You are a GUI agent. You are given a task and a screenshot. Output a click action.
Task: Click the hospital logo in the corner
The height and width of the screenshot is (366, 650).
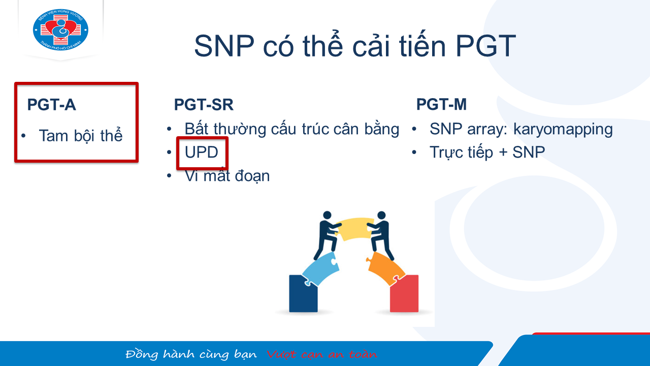60,29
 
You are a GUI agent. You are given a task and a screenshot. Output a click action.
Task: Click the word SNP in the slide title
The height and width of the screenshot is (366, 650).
224,46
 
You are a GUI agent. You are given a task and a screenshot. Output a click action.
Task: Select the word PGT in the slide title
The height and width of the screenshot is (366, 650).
486,46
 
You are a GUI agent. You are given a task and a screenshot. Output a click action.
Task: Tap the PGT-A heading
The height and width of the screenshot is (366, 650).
52,105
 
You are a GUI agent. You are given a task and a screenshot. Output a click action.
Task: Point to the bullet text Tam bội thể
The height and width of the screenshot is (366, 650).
81,136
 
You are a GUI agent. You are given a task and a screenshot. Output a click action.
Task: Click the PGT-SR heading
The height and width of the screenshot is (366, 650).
204,105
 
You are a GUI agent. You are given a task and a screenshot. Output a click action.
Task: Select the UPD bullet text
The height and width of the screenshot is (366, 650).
202,152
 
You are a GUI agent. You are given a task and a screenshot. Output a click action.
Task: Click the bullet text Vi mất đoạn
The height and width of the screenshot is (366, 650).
227,176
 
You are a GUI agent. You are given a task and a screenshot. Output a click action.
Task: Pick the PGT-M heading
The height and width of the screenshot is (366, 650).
441,104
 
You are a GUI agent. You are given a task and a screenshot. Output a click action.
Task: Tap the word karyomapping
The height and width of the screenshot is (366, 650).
563,130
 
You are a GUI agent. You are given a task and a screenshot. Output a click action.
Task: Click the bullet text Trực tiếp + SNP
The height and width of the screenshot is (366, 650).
487,152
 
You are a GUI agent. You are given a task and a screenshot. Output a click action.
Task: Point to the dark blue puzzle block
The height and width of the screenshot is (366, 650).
303,294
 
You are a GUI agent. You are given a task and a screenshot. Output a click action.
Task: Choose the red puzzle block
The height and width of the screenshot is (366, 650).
404,294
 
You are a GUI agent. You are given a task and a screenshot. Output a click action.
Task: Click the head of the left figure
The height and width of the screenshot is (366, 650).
327,215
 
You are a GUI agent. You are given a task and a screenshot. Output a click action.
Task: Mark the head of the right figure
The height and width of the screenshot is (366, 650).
381,215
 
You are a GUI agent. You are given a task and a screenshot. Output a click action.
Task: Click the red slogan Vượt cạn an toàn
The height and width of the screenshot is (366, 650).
322,354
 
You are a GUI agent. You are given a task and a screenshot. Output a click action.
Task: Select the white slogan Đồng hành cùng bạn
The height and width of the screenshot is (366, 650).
191,354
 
